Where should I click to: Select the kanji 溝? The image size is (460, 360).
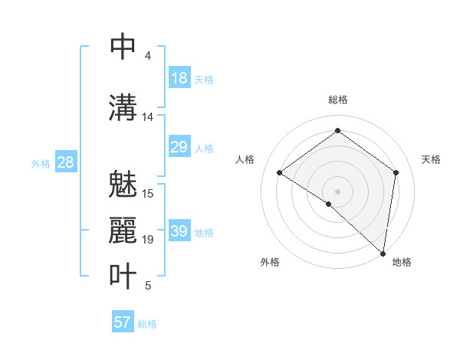click(x=123, y=106)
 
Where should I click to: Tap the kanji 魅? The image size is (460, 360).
click(x=123, y=185)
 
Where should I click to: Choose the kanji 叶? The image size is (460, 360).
click(x=123, y=276)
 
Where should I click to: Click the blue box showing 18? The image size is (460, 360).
click(x=179, y=78)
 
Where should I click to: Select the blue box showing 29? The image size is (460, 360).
click(x=179, y=147)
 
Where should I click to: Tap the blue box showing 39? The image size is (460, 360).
click(x=179, y=231)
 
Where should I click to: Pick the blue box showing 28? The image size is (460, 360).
click(x=65, y=162)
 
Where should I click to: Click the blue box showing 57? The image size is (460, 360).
click(x=123, y=322)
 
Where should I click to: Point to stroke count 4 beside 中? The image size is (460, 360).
click(x=147, y=56)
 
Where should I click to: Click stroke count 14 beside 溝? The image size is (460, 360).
click(x=147, y=117)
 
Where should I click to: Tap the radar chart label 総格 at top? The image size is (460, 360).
click(x=337, y=100)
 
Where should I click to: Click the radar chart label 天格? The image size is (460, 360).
click(x=431, y=159)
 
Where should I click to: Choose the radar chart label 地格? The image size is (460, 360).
click(x=402, y=262)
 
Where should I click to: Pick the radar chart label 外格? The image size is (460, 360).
click(x=270, y=262)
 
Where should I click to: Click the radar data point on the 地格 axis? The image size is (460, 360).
click(x=383, y=253)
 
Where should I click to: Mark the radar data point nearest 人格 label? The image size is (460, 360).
click(x=280, y=172)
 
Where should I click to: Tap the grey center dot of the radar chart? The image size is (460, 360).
click(x=337, y=191)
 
